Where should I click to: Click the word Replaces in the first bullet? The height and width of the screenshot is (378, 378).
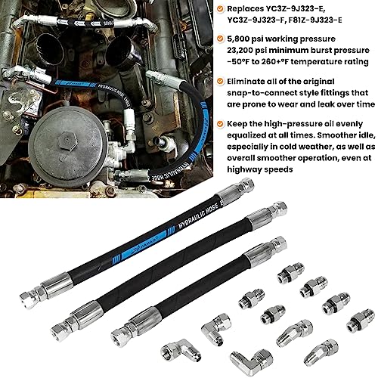(245, 9)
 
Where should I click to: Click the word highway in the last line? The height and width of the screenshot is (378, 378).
(243, 169)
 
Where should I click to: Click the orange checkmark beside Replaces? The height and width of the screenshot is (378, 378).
(220, 9)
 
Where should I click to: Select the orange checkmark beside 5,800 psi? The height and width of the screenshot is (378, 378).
(220, 39)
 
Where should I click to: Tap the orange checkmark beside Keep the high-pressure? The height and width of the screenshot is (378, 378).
(220, 124)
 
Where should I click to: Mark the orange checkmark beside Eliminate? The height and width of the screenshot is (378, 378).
(220, 81)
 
